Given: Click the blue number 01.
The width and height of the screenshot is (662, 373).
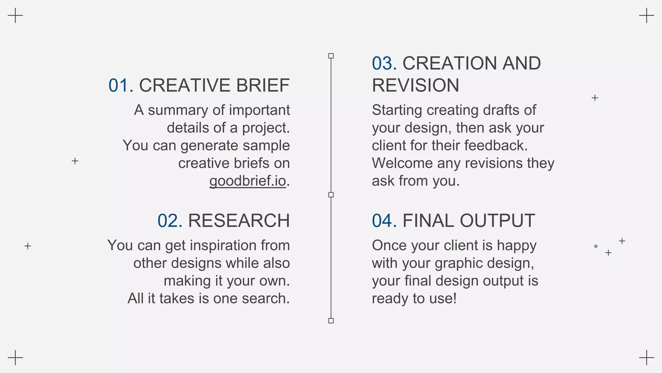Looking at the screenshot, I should (x=121, y=85).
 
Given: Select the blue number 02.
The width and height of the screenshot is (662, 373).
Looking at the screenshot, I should (x=170, y=221).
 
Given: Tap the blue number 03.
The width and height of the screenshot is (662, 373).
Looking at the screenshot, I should (x=384, y=63).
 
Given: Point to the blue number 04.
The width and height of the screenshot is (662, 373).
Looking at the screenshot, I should (x=384, y=221).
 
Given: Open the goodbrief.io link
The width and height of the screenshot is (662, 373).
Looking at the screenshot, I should (x=248, y=181).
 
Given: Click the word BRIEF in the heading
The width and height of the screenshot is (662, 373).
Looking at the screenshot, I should (x=263, y=85).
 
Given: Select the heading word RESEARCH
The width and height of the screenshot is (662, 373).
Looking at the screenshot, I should (x=239, y=221).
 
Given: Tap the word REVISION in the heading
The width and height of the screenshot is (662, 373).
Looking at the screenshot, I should (x=415, y=85).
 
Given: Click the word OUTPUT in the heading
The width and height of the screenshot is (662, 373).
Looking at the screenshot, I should (x=497, y=221).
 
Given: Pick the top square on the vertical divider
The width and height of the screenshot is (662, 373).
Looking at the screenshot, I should (x=331, y=56).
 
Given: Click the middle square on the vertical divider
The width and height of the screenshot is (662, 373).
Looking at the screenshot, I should (x=331, y=195).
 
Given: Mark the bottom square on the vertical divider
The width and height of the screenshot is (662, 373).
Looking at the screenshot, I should (x=331, y=321).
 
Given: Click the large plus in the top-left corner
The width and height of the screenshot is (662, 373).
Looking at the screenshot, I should (x=15, y=16).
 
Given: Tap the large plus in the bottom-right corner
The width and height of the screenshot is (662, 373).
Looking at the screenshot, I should (x=646, y=357).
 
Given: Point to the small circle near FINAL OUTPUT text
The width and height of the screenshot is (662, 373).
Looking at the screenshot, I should (x=596, y=246).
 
